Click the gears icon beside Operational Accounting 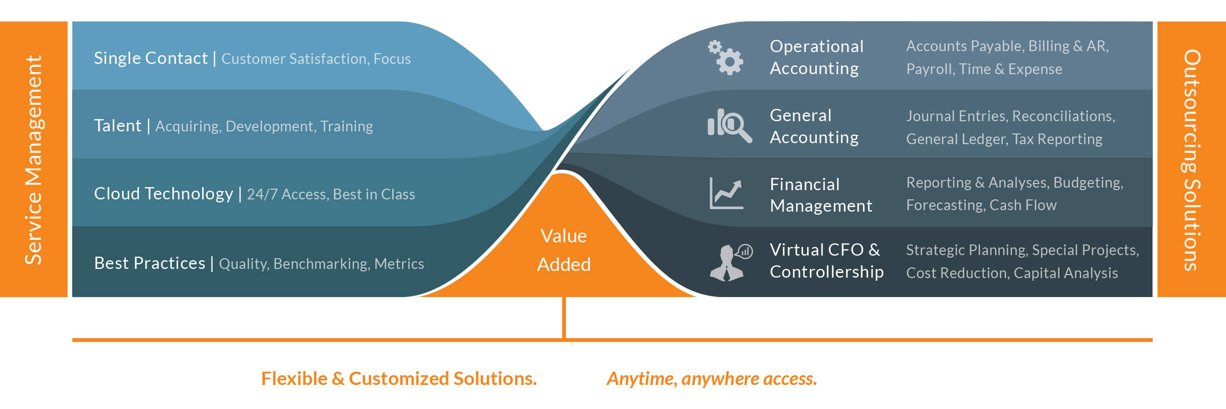pos(726,58)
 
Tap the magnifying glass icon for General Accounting pos(729,125)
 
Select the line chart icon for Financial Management pos(726,193)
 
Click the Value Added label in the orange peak pos(564,250)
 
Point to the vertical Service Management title pos(34,160)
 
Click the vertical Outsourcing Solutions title pos(1191,160)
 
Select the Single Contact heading pos(151,58)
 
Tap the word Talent pos(117,126)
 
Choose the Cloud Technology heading pos(163,194)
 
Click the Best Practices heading pos(150,263)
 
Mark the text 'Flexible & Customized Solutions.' pos(399,378)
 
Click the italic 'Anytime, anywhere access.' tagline pos(712,379)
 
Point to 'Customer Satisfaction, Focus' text pos(316,59)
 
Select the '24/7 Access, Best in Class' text pos(331,194)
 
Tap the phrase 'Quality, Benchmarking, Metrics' pos(321,264)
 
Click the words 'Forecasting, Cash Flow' pos(981,205)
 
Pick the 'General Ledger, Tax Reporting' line pos(1004,139)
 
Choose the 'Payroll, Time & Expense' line pos(984,69)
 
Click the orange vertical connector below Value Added pos(564,317)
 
